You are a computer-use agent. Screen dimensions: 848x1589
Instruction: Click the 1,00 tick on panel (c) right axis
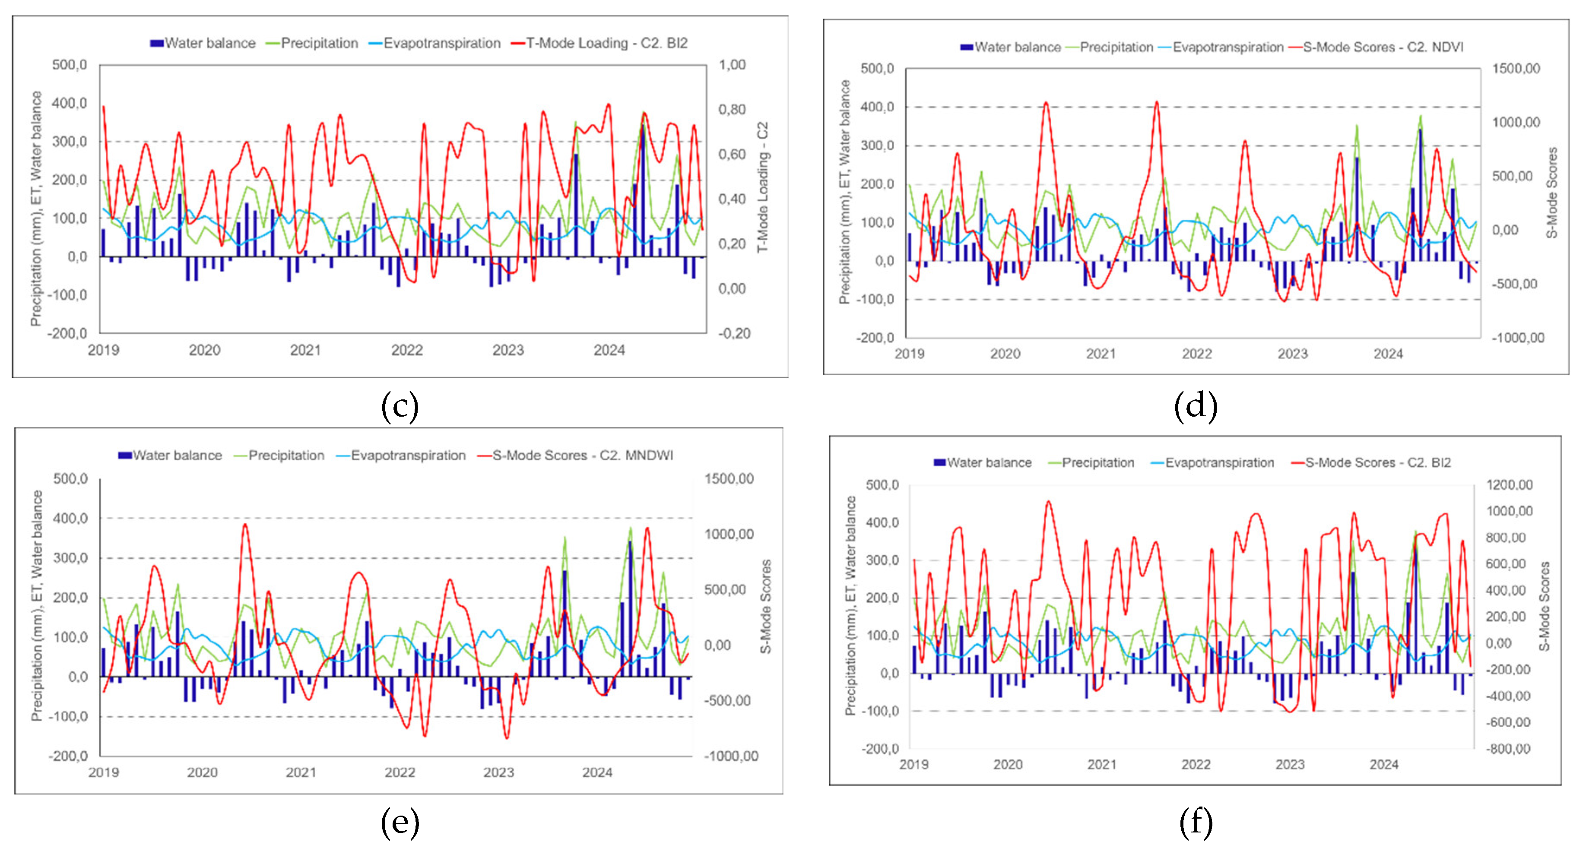pyautogui.click(x=732, y=65)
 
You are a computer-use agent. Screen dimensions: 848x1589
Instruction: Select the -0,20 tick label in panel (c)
pyautogui.click(x=734, y=334)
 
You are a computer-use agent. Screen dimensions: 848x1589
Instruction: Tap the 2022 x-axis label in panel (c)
pyautogui.click(x=407, y=350)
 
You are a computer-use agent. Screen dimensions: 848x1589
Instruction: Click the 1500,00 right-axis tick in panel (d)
pyautogui.click(x=1516, y=69)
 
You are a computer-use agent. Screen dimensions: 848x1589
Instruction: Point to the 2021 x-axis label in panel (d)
pyautogui.click(x=1101, y=354)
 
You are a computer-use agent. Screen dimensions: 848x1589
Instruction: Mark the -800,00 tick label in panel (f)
pyautogui.click(x=1509, y=749)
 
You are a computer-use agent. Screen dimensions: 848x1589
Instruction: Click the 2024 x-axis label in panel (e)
pyautogui.click(x=597, y=772)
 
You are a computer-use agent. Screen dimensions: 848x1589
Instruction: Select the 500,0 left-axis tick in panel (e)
pyautogui.click(x=70, y=478)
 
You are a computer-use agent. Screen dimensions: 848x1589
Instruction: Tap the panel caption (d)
pyautogui.click(x=1196, y=406)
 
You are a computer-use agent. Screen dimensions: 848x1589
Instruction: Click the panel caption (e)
pyautogui.click(x=400, y=822)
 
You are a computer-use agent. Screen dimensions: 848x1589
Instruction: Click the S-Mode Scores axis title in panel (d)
pyautogui.click(x=1552, y=193)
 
